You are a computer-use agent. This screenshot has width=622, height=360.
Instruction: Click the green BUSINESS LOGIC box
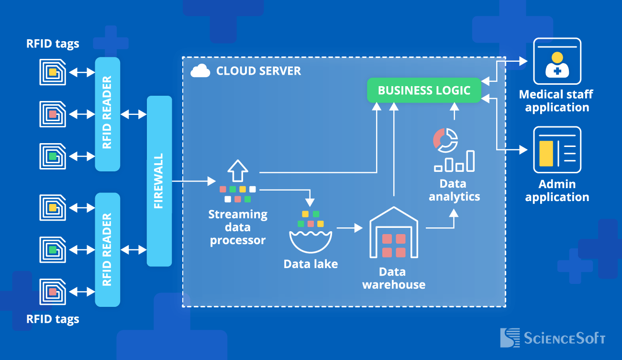pos(424,90)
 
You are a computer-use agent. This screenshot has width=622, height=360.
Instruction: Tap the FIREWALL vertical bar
pos(159,181)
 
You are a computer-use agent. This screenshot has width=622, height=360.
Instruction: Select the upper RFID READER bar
pos(107,114)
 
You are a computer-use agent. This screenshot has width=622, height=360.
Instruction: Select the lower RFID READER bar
pos(107,249)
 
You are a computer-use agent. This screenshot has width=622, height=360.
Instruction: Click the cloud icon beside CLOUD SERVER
pos(200,71)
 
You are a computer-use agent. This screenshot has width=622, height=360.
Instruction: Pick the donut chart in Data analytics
pos(445,139)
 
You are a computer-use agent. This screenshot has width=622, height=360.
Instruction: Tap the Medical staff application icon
pos(557,61)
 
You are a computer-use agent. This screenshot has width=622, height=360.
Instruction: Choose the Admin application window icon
pos(557,150)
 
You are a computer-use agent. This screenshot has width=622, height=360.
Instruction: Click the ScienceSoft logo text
pos(565,338)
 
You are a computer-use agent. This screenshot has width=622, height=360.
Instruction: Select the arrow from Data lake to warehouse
pos(349,228)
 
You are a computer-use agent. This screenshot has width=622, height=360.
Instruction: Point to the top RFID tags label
pos(53,44)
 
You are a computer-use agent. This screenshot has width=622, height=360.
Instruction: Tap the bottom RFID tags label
pos(53,319)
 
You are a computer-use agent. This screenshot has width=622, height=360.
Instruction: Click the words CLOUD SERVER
pos(258,71)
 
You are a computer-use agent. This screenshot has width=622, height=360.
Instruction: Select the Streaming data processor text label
pos(238,227)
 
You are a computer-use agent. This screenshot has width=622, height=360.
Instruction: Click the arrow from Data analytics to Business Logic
pos(454,113)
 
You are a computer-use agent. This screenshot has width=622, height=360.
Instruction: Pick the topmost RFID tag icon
pos(52,72)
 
